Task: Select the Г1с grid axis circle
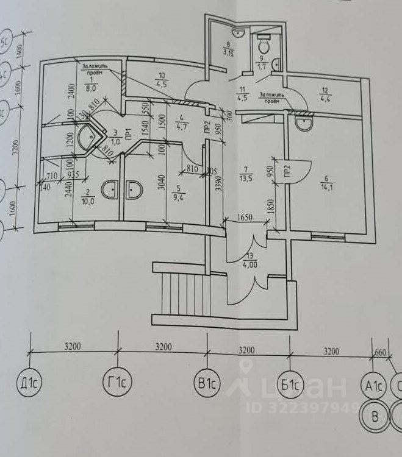pyautogui.click(x=118, y=384)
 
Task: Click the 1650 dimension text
pyautogui.click(x=245, y=216)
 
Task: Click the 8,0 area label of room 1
pyautogui.click(x=93, y=88)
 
